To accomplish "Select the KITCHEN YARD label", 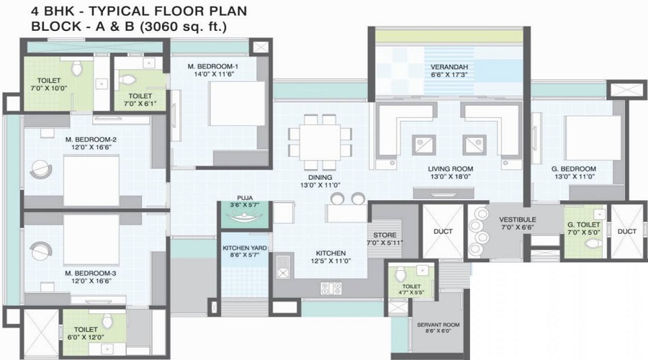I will tap(245, 248).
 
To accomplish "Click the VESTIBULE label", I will tap(518, 219).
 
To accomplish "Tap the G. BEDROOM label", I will tap(574, 168).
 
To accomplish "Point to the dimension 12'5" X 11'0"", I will tap(330, 261).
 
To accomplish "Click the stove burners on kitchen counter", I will tap(330, 288).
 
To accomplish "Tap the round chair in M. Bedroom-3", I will tap(39, 250).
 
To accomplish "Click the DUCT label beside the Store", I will tap(441, 231).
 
